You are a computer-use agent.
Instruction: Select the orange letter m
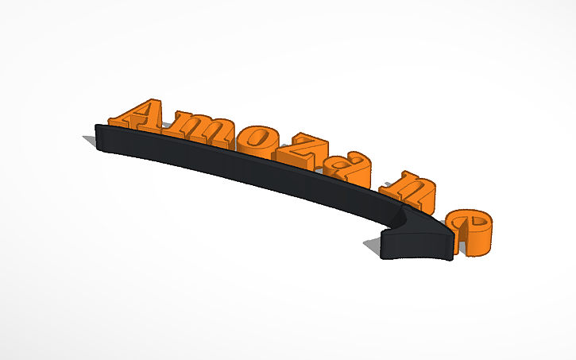(x=199, y=128)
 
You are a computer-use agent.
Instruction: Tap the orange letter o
(x=256, y=140)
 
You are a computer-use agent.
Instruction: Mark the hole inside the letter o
(x=257, y=137)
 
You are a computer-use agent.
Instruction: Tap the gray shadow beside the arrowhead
(x=374, y=246)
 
